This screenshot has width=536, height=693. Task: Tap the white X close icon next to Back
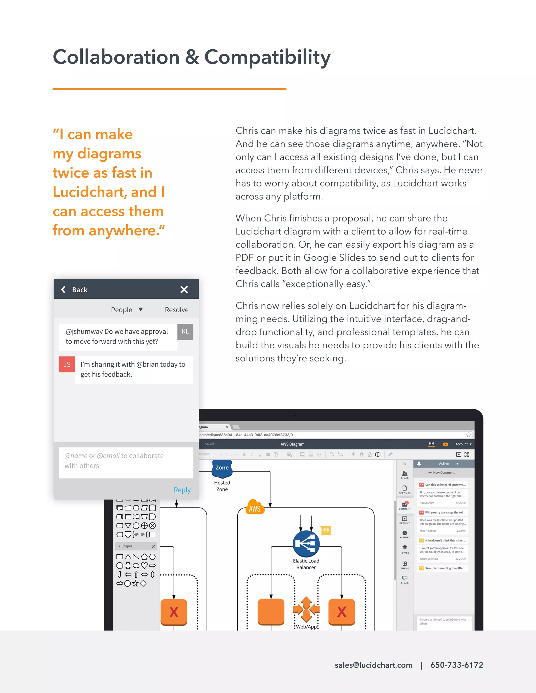(x=184, y=289)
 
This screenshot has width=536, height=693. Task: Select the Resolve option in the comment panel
(x=177, y=310)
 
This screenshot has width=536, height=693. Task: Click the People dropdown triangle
(x=141, y=309)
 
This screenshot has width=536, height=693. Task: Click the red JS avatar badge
(x=67, y=364)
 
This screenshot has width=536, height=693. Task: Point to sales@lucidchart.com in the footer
(x=373, y=665)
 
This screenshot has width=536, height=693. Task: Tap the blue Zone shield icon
(x=222, y=469)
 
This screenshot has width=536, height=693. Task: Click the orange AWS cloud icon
(x=255, y=508)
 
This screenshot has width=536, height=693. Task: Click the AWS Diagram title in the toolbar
(x=292, y=444)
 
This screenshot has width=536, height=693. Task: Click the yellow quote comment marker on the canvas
(x=326, y=530)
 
